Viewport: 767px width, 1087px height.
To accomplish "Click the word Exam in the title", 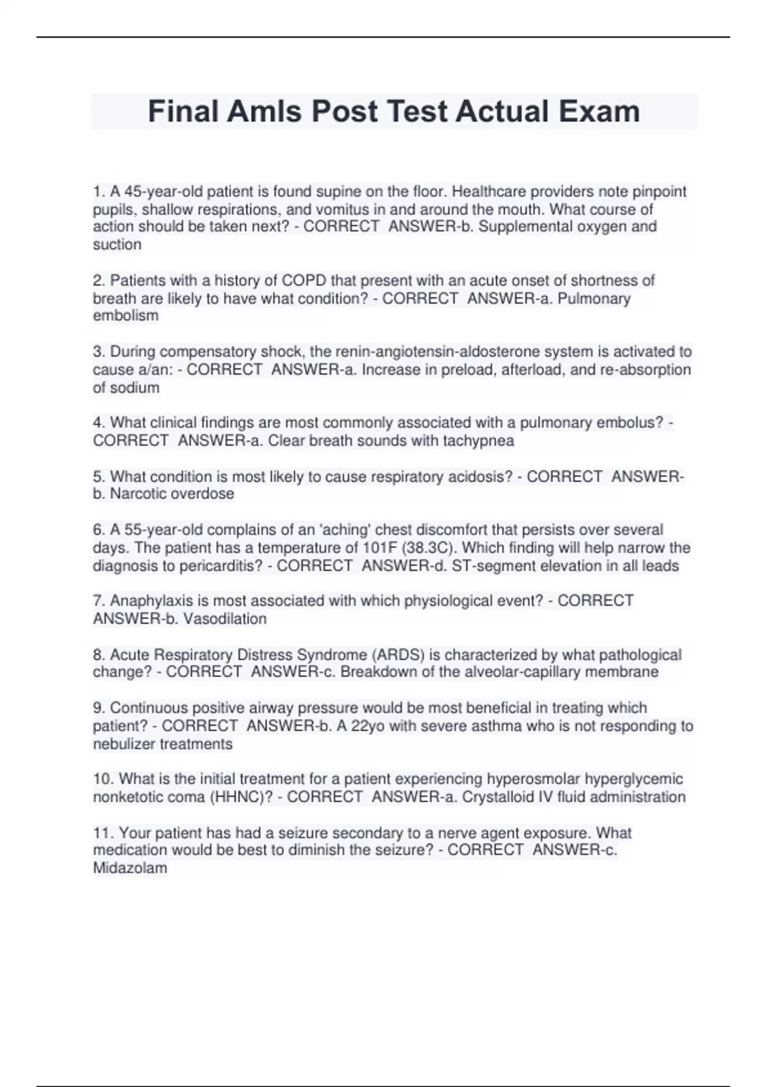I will tap(600, 111).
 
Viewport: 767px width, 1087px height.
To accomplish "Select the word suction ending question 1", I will tap(117, 245).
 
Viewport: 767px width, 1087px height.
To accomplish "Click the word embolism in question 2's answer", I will tap(125, 316).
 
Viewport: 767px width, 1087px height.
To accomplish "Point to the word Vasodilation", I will tap(225, 619).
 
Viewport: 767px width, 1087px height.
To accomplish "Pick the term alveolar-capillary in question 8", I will tap(545, 672).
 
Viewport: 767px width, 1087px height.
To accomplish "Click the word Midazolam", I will tap(130, 868).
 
